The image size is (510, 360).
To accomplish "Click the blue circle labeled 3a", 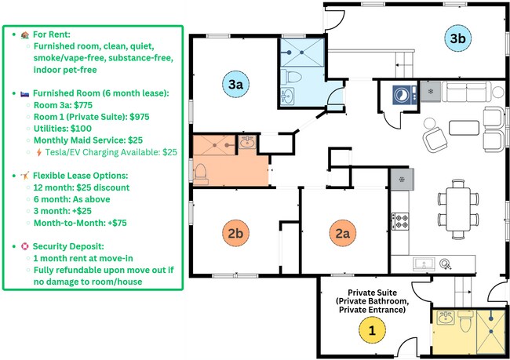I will click(x=235, y=84).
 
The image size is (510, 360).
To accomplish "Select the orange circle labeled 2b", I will click(x=235, y=233).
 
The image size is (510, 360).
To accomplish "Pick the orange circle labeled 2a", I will click(x=343, y=233).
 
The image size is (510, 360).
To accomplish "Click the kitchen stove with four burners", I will click(x=401, y=222).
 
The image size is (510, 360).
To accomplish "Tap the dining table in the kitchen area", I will click(x=456, y=205).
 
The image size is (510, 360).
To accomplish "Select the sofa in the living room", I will click(x=462, y=93).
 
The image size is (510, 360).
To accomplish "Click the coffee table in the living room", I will click(x=463, y=128).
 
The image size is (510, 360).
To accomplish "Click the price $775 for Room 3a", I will click(x=109, y=104).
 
